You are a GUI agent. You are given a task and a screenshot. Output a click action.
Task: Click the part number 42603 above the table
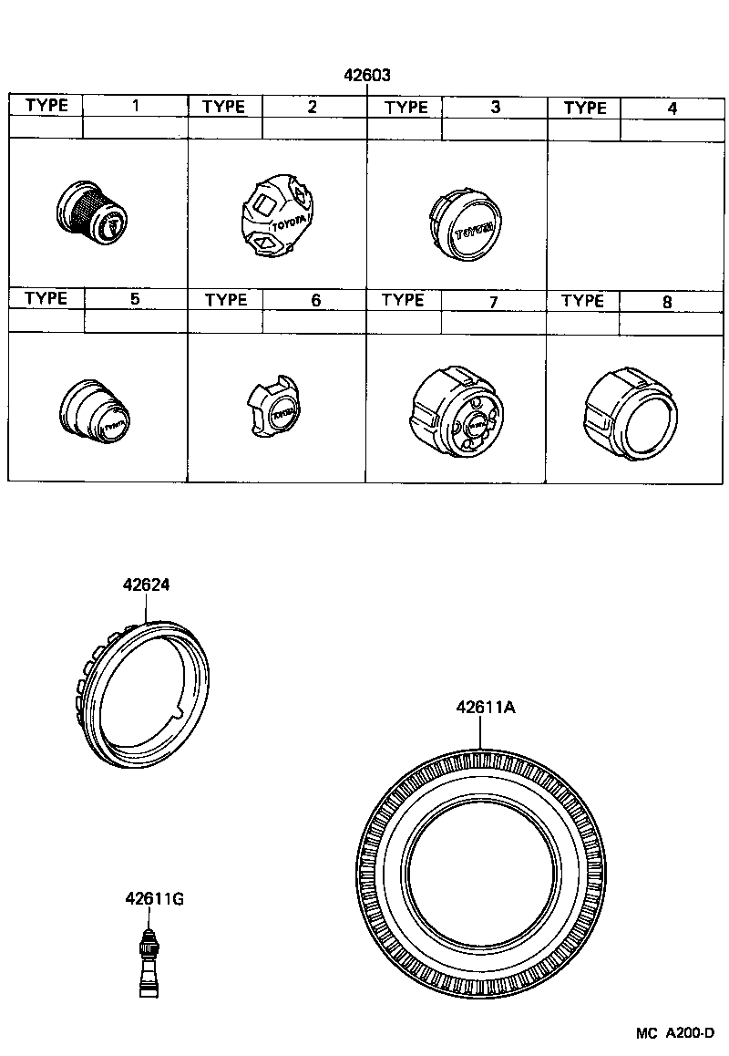[367, 76]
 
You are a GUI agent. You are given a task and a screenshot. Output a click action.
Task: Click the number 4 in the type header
[672, 108]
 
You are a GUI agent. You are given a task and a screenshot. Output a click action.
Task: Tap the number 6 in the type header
[315, 300]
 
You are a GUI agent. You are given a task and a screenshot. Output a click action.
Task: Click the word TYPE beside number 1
[46, 105]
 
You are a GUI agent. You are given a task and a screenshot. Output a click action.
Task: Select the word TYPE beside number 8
[582, 300]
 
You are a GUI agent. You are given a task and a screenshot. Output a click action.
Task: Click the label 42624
[147, 586]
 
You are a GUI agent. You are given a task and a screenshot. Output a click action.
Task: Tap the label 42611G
[155, 899]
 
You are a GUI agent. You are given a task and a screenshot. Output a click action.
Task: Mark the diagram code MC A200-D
[674, 1034]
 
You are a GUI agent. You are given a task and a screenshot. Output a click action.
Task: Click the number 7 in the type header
[493, 300]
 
